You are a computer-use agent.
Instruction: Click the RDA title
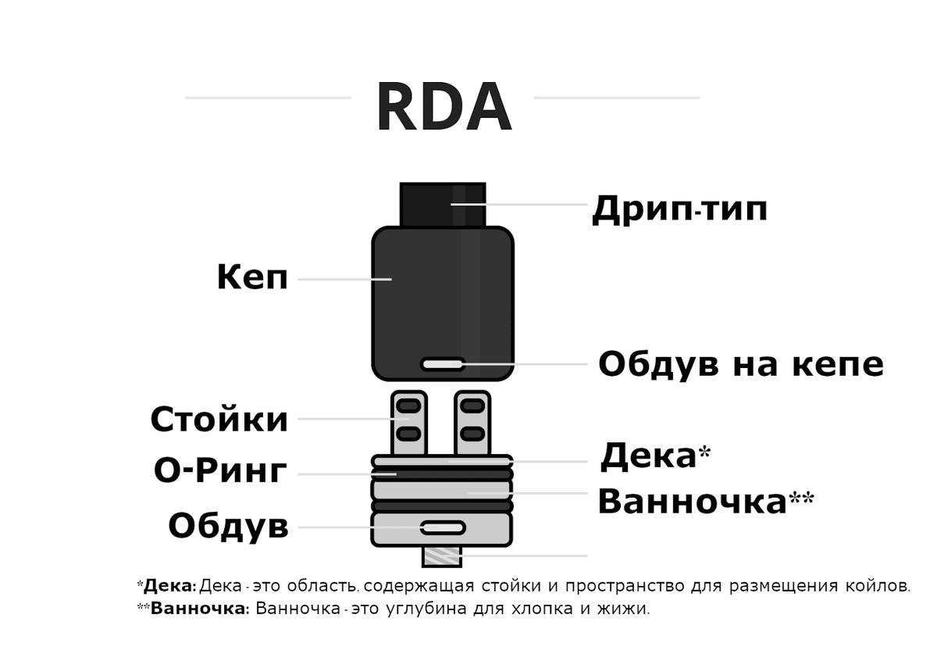click(443, 108)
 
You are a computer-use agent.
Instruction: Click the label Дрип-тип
click(679, 209)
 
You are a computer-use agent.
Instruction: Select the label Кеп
click(252, 277)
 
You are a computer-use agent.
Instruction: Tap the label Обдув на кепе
click(740, 364)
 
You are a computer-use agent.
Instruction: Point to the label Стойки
click(219, 420)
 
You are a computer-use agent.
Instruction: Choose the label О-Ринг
click(220, 471)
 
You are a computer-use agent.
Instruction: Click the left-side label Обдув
click(228, 527)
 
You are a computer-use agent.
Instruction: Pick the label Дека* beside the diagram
click(654, 456)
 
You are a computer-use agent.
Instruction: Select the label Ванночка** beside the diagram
click(705, 502)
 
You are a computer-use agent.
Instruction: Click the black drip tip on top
click(443, 204)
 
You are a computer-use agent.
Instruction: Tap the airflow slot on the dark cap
click(443, 364)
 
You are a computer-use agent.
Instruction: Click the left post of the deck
click(409, 423)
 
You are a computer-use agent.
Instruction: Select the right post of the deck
click(472, 423)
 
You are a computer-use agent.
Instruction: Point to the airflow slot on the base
click(443, 528)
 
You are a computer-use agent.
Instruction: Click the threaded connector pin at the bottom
click(443, 556)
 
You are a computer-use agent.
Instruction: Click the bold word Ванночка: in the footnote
click(199, 609)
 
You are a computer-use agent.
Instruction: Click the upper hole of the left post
click(409, 406)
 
